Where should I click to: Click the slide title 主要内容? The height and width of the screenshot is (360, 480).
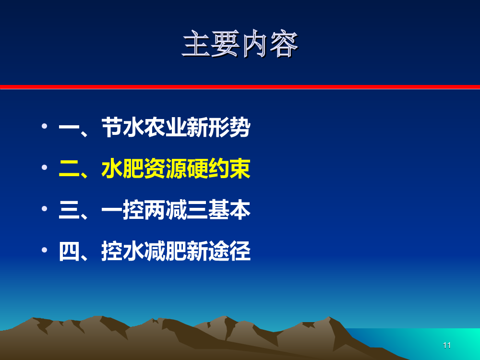click(x=240, y=44)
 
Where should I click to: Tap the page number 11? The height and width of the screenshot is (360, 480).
click(x=446, y=346)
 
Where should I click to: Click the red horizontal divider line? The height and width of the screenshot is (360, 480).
click(x=240, y=87)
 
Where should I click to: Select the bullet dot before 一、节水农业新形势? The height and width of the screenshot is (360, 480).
click(x=44, y=126)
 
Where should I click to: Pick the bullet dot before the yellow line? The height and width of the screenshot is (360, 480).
click(x=44, y=167)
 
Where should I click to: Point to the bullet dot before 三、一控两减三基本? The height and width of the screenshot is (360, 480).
click(x=44, y=208)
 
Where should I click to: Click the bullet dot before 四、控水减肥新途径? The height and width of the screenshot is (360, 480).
click(x=44, y=250)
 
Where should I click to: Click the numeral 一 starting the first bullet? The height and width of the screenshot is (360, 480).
click(x=69, y=127)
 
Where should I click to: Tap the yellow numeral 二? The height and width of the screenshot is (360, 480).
click(x=69, y=168)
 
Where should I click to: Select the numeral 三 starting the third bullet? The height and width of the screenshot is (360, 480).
click(x=69, y=210)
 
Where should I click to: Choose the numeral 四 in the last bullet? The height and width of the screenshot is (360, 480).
click(x=69, y=252)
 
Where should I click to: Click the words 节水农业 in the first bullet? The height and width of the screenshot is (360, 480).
click(x=144, y=127)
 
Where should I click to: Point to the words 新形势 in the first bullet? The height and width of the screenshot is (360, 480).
click(x=218, y=127)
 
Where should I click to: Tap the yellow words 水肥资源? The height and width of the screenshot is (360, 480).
click(x=144, y=168)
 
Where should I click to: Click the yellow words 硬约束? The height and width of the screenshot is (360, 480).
click(x=218, y=168)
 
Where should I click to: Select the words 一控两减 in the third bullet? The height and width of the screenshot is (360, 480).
click(x=144, y=210)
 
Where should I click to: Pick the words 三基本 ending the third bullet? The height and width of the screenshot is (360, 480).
click(x=218, y=210)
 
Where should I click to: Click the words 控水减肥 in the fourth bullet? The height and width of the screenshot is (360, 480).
click(x=144, y=252)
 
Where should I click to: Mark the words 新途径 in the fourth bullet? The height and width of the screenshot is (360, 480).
click(x=218, y=252)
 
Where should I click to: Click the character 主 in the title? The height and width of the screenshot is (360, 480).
click(x=196, y=44)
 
